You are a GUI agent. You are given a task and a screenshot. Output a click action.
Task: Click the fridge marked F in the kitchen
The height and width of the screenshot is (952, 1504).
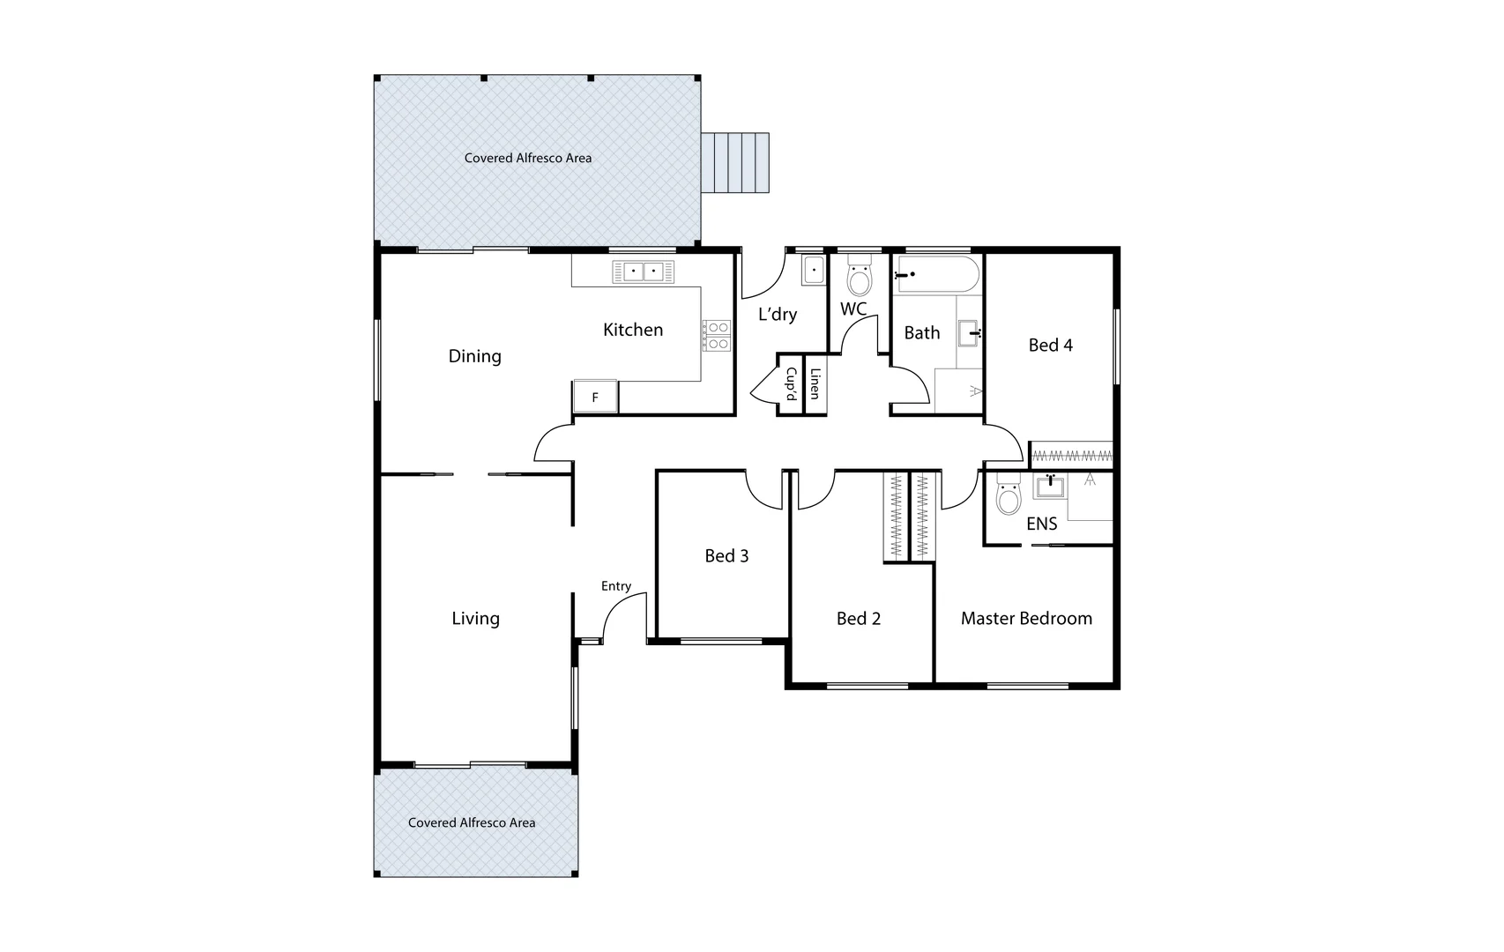(595, 397)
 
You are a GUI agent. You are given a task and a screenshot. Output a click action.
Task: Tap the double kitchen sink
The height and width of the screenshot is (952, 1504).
(643, 271)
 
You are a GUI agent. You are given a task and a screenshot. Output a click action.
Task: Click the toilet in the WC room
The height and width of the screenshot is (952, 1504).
(858, 279)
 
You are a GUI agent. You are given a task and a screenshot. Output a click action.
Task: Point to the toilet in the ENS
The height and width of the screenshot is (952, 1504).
(1008, 498)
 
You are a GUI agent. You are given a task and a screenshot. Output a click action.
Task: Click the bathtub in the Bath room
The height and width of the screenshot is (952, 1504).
(936, 274)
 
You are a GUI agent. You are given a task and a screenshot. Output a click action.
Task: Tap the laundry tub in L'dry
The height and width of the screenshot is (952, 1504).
(813, 271)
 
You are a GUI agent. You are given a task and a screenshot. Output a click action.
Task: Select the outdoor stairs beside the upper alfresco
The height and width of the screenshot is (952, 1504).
(735, 162)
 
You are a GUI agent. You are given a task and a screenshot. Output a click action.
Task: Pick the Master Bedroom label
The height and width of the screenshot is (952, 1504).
(1026, 619)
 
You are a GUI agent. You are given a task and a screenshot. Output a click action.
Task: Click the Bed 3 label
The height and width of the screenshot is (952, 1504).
(726, 555)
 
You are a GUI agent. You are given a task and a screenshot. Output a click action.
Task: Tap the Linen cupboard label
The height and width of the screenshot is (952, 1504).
(815, 383)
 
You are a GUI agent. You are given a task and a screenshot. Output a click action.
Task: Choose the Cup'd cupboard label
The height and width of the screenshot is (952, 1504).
(791, 384)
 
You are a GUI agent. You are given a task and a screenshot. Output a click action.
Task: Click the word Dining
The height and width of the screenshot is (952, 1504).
(474, 356)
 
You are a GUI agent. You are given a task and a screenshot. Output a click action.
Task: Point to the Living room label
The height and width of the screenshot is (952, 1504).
(475, 619)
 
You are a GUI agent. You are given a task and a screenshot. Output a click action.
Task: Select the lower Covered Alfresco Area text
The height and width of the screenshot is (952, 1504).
(472, 822)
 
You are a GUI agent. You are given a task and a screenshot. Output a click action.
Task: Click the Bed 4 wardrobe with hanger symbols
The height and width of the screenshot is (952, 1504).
(1071, 456)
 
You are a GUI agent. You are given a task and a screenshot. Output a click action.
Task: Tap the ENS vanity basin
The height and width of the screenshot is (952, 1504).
(1050, 487)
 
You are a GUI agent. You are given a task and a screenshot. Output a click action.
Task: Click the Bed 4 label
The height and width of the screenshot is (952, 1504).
(1050, 346)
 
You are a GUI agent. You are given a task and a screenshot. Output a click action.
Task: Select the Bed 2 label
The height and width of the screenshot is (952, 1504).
(858, 619)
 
